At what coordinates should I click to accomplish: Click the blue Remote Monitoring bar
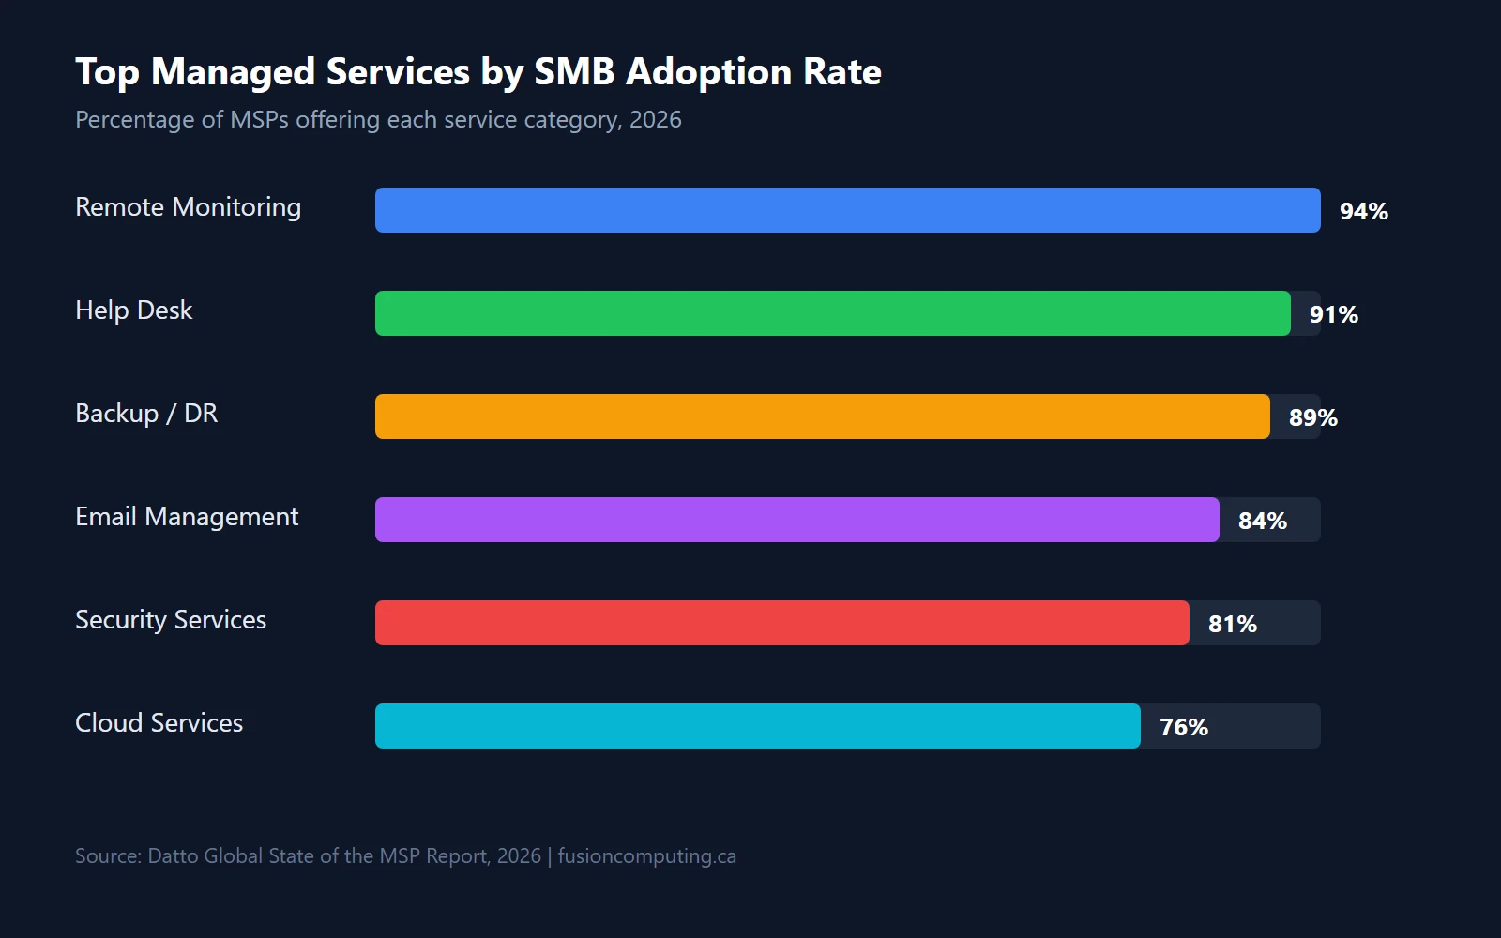coord(847,210)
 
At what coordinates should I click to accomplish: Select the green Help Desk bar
coord(832,313)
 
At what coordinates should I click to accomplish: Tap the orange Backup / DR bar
coord(822,416)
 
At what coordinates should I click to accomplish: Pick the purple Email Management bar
coord(796,520)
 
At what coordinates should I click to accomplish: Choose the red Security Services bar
coord(781,623)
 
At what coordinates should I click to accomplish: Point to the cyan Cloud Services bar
coord(757,726)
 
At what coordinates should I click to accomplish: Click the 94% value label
coord(1363,211)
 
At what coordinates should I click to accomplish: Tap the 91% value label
coord(1333,314)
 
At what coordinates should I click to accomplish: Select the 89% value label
coord(1312,417)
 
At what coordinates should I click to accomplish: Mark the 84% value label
coord(1262,521)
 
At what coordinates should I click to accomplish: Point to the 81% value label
coord(1232,624)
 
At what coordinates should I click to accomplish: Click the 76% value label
coord(1183,727)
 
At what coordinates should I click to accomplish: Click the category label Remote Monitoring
coord(188,207)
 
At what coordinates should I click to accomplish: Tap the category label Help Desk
coord(133,310)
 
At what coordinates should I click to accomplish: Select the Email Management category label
coord(187,517)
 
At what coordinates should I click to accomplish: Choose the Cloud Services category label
coord(159,723)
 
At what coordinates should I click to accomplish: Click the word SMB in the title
coord(573,72)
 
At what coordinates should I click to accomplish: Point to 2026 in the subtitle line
coord(655,120)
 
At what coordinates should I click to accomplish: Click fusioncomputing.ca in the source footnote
coord(646,856)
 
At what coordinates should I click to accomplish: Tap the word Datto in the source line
coord(173,856)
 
